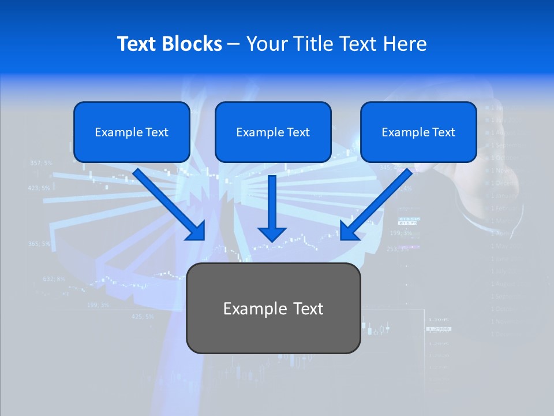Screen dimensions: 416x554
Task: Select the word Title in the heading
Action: (x=315, y=44)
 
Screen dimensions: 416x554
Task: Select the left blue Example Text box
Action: (x=132, y=132)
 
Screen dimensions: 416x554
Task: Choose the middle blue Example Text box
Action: (x=273, y=132)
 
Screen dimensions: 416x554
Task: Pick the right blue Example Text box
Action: (x=418, y=132)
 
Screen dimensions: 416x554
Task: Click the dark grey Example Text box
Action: (x=273, y=308)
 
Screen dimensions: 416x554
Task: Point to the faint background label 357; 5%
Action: (x=41, y=163)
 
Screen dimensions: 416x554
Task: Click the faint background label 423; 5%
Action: (x=39, y=188)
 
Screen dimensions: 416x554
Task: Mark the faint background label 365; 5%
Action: (x=39, y=244)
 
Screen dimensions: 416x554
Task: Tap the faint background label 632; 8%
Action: (x=54, y=279)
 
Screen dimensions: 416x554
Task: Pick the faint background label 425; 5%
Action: (x=143, y=317)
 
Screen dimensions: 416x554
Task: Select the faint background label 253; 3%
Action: (x=398, y=249)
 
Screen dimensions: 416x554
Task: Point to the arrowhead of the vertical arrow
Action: (x=272, y=233)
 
